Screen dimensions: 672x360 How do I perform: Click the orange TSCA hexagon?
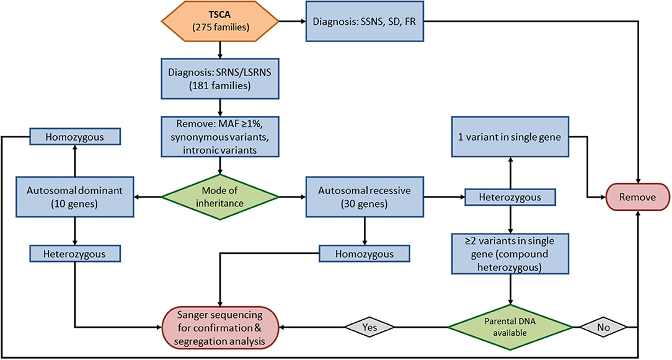(x=220, y=21)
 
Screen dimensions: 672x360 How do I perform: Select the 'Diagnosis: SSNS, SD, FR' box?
(x=365, y=21)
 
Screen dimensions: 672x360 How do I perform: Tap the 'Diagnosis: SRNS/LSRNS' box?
(x=220, y=79)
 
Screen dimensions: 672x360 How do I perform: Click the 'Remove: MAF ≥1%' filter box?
(x=220, y=136)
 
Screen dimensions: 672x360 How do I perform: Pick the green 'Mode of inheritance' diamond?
(x=220, y=197)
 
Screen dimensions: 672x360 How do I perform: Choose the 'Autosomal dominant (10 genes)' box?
(x=75, y=197)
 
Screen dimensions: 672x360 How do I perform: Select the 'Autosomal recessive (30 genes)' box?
(x=365, y=197)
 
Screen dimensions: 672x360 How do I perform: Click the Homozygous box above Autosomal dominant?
(x=75, y=137)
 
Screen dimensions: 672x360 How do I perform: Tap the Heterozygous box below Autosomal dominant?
(x=75, y=253)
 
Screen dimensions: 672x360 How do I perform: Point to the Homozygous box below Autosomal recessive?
(x=365, y=253)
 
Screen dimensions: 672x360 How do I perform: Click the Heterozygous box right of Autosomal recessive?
(x=510, y=197)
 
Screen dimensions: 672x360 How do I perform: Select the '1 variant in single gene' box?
(x=510, y=136)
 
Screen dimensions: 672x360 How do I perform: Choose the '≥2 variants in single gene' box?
(x=510, y=253)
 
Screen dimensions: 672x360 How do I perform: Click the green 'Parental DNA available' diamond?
(x=510, y=327)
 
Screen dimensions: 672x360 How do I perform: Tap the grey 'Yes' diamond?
(x=369, y=327)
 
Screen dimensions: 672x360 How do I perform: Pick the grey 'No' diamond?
(x=603, y=327)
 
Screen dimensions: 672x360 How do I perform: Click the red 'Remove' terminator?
(x=637, y=197)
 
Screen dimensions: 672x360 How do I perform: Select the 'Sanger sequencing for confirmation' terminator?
(x=220, y=327)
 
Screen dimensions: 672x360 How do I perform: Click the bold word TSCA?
(x=219, y=15)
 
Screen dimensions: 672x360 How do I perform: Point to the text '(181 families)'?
(x=220, y=86)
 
